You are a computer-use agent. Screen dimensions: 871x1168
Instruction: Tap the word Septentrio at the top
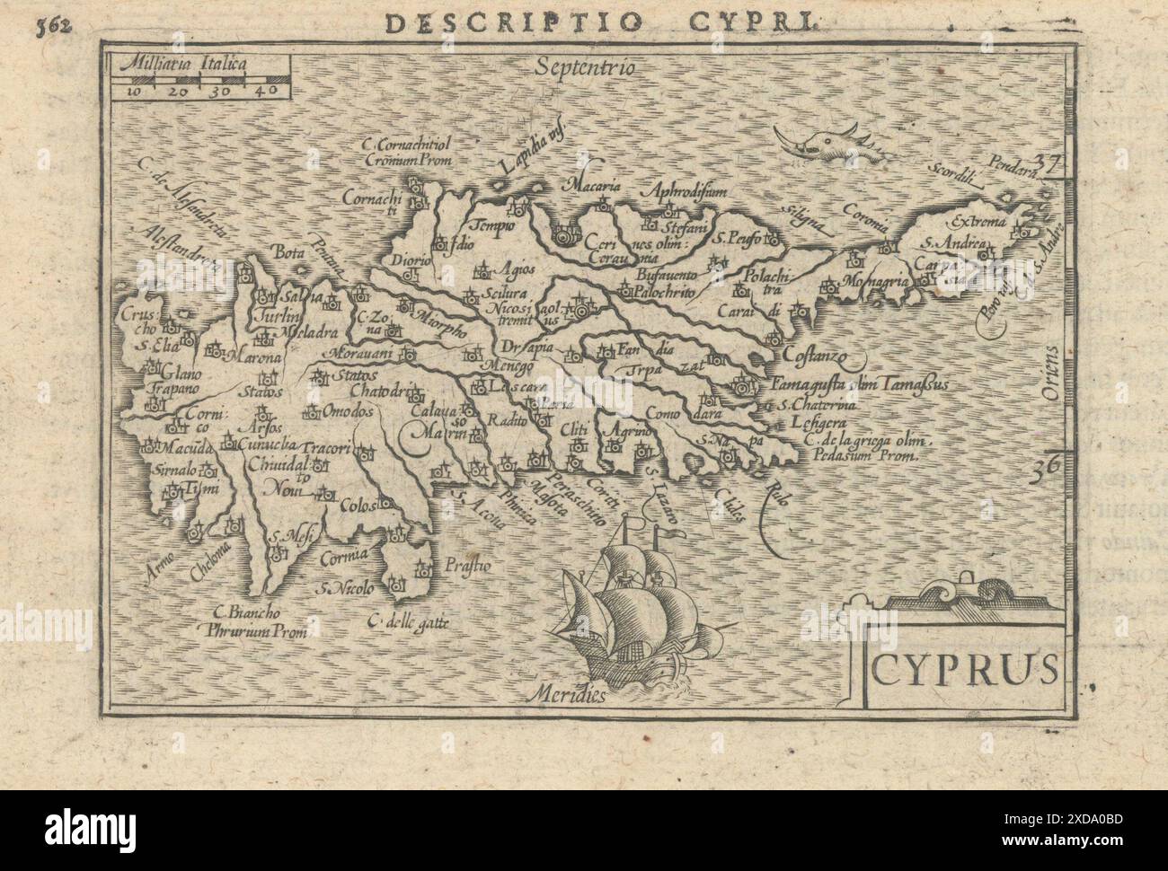[x=581, y=67]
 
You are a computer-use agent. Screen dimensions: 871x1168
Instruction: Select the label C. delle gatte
[x=407, y=620]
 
